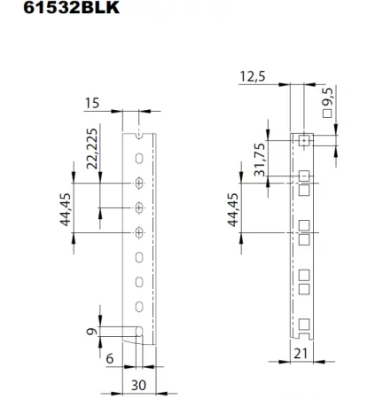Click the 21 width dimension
coord(301,355)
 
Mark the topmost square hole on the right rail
coord(302,140)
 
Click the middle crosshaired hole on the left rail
coord(139,207)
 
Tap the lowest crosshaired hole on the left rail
coord(139,233)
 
